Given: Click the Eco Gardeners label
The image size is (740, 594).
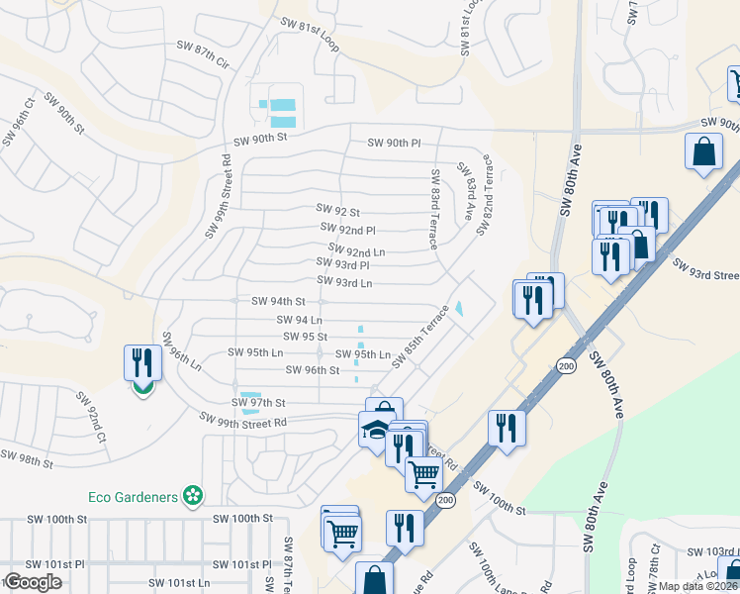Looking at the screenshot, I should tap(138, 495).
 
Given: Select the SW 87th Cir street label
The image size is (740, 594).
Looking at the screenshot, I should tap(203, 61).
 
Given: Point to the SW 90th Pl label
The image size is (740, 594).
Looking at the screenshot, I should tap(394, 143).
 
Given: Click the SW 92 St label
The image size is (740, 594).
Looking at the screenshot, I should tap(337, 209).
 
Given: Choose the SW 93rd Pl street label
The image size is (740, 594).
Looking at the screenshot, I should tap(342, 264).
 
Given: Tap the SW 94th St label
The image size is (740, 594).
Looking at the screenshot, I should tap(278, 301).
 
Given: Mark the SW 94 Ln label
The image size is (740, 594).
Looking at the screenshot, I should tap(302, 320).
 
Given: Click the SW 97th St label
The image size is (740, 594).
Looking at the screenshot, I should tap(258, 403).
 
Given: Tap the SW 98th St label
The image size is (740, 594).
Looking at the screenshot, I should tap(27, 458).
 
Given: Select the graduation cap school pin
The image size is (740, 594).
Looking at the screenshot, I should tap(374, 431).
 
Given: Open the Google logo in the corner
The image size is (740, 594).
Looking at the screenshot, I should tap(33, 582).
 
